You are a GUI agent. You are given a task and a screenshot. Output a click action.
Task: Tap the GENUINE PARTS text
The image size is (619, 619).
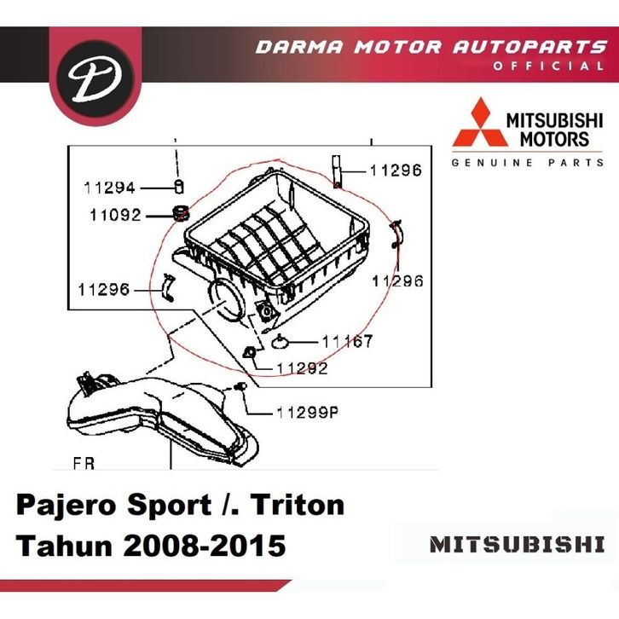coord(528,162)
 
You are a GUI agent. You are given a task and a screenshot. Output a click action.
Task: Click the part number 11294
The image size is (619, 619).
coord(109,188)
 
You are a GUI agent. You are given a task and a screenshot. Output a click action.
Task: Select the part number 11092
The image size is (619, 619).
coord(115,216)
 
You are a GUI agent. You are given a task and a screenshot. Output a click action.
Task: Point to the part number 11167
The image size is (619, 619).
coord(347,342)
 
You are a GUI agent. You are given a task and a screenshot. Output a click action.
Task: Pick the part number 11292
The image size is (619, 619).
coord(302,368)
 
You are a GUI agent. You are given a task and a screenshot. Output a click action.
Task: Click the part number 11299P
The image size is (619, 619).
coord(308,414)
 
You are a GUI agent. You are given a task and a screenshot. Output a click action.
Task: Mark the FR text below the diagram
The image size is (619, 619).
coord(84,465)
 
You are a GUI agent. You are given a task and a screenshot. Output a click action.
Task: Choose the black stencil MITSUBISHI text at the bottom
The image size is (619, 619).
coord(518,544)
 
